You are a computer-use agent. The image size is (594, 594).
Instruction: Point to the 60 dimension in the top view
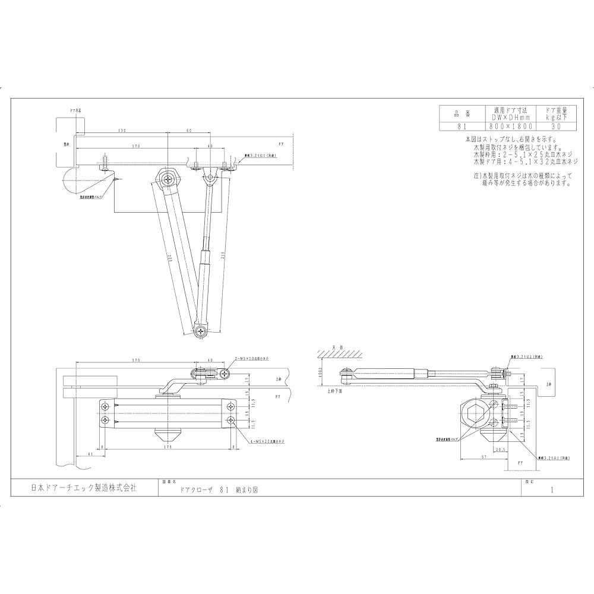[x=188, y=131]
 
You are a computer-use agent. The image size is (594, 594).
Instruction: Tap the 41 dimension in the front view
[x=90, y=454]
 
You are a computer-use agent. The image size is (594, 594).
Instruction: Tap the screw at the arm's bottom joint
[x=200, y=328]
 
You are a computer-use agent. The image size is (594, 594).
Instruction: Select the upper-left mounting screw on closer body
[x=105, y=406]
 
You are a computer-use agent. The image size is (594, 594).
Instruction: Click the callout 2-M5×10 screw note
[x=252, y=359]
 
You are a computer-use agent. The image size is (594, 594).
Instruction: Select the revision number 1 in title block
[x=552, y=491]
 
